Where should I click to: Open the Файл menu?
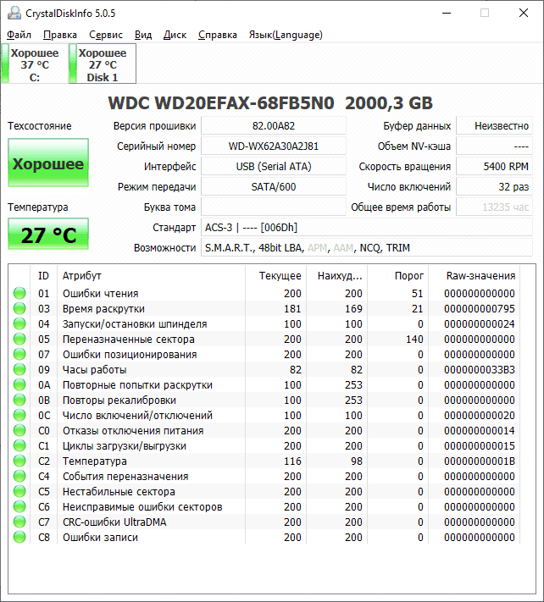tap(19, 35)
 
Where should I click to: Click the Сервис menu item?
tap(106, 35)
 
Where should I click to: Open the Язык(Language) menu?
tap(285, 35)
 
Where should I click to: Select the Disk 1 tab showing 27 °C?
tap(103, 64)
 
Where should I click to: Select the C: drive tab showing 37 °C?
tap(35, 64)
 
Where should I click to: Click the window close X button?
tap(523, 13)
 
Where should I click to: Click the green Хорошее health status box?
tap(48, 163)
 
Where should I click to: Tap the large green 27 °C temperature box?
tap(48, 235)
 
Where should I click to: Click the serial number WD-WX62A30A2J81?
tap(274, 146)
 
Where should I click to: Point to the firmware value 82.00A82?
tap(274, 125)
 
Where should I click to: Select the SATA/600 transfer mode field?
tap(274, 186)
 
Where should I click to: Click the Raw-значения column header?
tap(480, 275)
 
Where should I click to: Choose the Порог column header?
tap(409, 275)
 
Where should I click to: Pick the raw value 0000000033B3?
tap(480, 370)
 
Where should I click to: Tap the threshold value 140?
tap(414, 340)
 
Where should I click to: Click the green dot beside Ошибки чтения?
tap(19, 294)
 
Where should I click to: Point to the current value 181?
tap(292, 309)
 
